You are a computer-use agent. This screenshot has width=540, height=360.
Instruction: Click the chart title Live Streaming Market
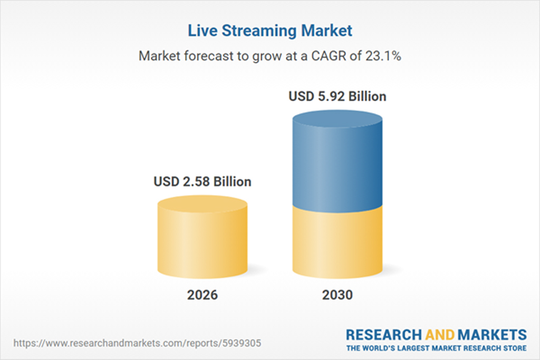tap(270, 31)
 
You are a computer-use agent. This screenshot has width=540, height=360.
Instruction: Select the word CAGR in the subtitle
tap(330, 56)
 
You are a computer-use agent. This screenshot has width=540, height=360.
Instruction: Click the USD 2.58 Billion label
tap(202, 182)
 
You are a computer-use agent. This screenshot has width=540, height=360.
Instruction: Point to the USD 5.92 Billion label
tap(337, 97)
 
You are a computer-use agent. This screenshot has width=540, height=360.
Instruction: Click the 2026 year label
tap(202, 295)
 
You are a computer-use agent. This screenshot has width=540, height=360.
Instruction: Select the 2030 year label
tap(337, 295)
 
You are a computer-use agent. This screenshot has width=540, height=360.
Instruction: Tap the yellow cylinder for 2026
tap(202, 242)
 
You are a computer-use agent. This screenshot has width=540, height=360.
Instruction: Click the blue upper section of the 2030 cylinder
tap(337, 163)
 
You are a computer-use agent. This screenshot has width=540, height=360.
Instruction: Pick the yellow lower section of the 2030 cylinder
tap(337, 242)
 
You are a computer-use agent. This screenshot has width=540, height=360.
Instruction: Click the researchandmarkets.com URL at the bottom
tap(137, 343)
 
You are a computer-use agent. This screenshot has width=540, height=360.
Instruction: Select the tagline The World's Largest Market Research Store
tap(436, 348)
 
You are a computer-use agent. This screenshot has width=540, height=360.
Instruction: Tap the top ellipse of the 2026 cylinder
tap(202, 206)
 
